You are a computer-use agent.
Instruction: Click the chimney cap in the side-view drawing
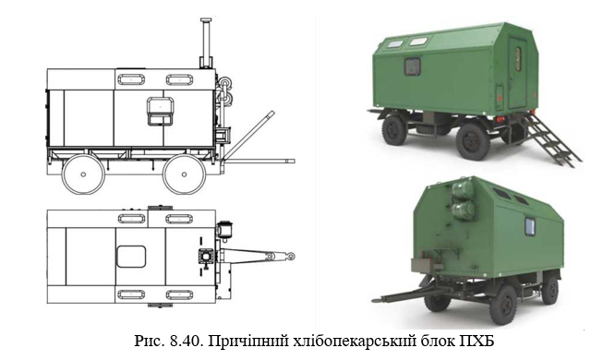coord(206,19)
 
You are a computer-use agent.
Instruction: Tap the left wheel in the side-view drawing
coord(83,174)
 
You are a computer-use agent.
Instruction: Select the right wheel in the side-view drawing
coord(184,174)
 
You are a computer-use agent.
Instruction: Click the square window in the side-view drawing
coord(160,111)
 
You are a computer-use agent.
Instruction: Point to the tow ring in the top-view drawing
coord(291,257)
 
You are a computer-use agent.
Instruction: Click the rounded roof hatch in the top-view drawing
coord(131,257)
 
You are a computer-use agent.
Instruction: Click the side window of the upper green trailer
coord(413,66)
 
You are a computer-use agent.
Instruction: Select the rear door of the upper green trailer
coord(517,73)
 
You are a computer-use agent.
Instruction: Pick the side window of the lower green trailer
coord(530,227)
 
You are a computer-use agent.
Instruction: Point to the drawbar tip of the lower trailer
coord(374,301)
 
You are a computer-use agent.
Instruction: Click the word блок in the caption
coord(433,341)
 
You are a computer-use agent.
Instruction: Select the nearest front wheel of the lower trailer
coord(503,305)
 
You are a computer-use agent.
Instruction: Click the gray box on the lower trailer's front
coord(422,265)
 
